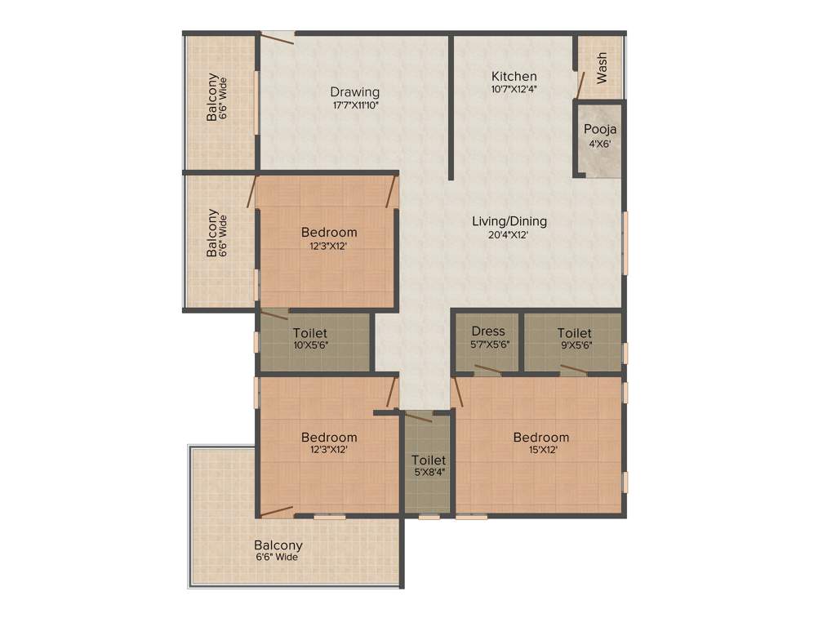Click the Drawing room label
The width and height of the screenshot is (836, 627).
354,91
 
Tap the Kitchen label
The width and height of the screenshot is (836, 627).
514,76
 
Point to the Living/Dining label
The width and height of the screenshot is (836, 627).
509,221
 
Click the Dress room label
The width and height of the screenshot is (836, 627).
488,331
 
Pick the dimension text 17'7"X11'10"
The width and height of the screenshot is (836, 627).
355,104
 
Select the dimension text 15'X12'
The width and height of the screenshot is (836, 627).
540,450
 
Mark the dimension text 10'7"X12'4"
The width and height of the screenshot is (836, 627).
514,89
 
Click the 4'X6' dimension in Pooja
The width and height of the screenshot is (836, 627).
599,144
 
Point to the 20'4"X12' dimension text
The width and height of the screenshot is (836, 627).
509,235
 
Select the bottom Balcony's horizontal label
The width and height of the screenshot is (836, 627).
278,545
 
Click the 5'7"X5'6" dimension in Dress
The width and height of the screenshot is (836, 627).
488,345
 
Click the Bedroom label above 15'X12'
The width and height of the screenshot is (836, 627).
540,438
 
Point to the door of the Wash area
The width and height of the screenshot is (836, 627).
580,84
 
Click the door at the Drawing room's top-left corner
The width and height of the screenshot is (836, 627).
278,34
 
